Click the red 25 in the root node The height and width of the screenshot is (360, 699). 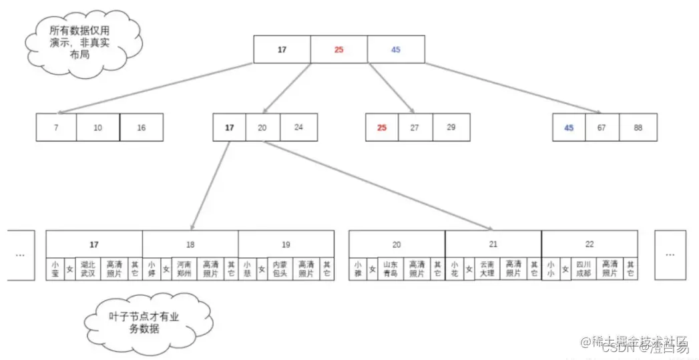pyautogui.click(x=338, y=49)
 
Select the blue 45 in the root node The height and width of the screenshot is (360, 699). pyautogui.click(x=396, y=49)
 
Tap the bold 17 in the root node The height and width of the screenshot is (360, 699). pyautogui.click(x=282, y=49)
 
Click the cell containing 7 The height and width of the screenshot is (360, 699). pyautogui.click(x=56, y=128)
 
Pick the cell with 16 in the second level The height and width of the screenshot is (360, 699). pyautogui.click(x=142, y=128)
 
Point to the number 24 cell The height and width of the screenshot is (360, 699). pyautogui.click(x=298, y=128)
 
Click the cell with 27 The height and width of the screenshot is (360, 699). pyautogui.click(x=415, y=128)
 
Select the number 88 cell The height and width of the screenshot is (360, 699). pyautogui.click(x=638, y=128)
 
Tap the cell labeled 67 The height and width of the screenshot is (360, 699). pyautogui.click(x=602, y=128)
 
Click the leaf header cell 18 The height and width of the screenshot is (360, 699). pyautogui.click(x=190, y=244)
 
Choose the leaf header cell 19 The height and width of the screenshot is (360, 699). pyautogui.click(x=286, y=244)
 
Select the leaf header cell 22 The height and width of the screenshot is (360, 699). pyautogui.click(x=590, y=244)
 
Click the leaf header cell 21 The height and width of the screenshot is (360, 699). pyautogui.click(x=493, y=244)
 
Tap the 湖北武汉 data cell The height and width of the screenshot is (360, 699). pyautogui.click(x=89, y=268)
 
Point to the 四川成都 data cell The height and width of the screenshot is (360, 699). pyautogui.click(x=584, y=268)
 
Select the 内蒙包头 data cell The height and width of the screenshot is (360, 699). pyautogui.click(x=280, y=268)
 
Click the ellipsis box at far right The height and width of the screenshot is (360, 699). pyautogui.click(x=670, y=254)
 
